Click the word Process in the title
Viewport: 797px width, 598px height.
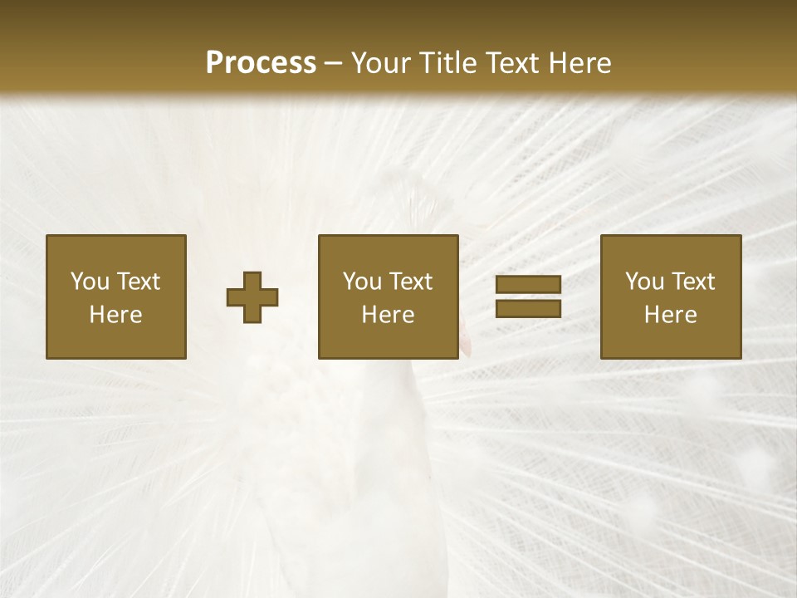[x=261, y=63]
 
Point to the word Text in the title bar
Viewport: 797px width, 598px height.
[x=513, y=63]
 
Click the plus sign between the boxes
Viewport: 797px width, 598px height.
[x=252, y=297]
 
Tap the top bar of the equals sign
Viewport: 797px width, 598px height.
[x=528, y=285]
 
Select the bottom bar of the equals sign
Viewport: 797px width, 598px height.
[x=528, y=308]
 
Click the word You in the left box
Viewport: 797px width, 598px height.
[x=90, y=282]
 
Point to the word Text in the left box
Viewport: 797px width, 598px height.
[x=138, y=282]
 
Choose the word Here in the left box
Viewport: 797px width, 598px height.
[x=115, y=315]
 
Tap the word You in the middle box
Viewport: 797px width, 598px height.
[x=362, y=282]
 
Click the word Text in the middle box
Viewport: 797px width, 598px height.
[x=410, y=282]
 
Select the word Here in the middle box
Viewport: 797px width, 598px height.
[x=388, y=315]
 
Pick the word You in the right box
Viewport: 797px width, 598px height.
[x=644, y=282]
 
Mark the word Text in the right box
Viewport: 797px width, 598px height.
[x=692, y=282]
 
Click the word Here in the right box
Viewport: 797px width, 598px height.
[x=670, y=315]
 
